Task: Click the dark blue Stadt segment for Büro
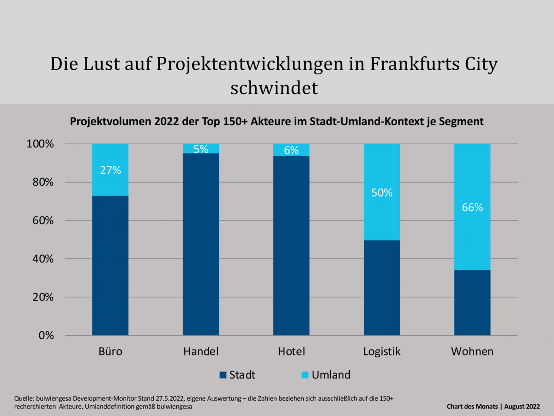pos(110,266)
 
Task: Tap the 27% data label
pos(110,170)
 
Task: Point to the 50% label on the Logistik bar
pos(382,193)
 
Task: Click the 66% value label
pos(472,208)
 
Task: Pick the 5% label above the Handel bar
pos(201,149)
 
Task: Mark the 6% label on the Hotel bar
pos(291,150)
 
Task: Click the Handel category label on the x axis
pos(201,351)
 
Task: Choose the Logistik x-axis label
pos(382,351)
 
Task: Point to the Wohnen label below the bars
pos(472,351)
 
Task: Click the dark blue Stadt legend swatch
pos(223,375)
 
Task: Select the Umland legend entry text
pos(331,375)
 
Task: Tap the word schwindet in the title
pos(274,88)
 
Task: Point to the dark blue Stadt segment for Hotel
pos(291,245)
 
